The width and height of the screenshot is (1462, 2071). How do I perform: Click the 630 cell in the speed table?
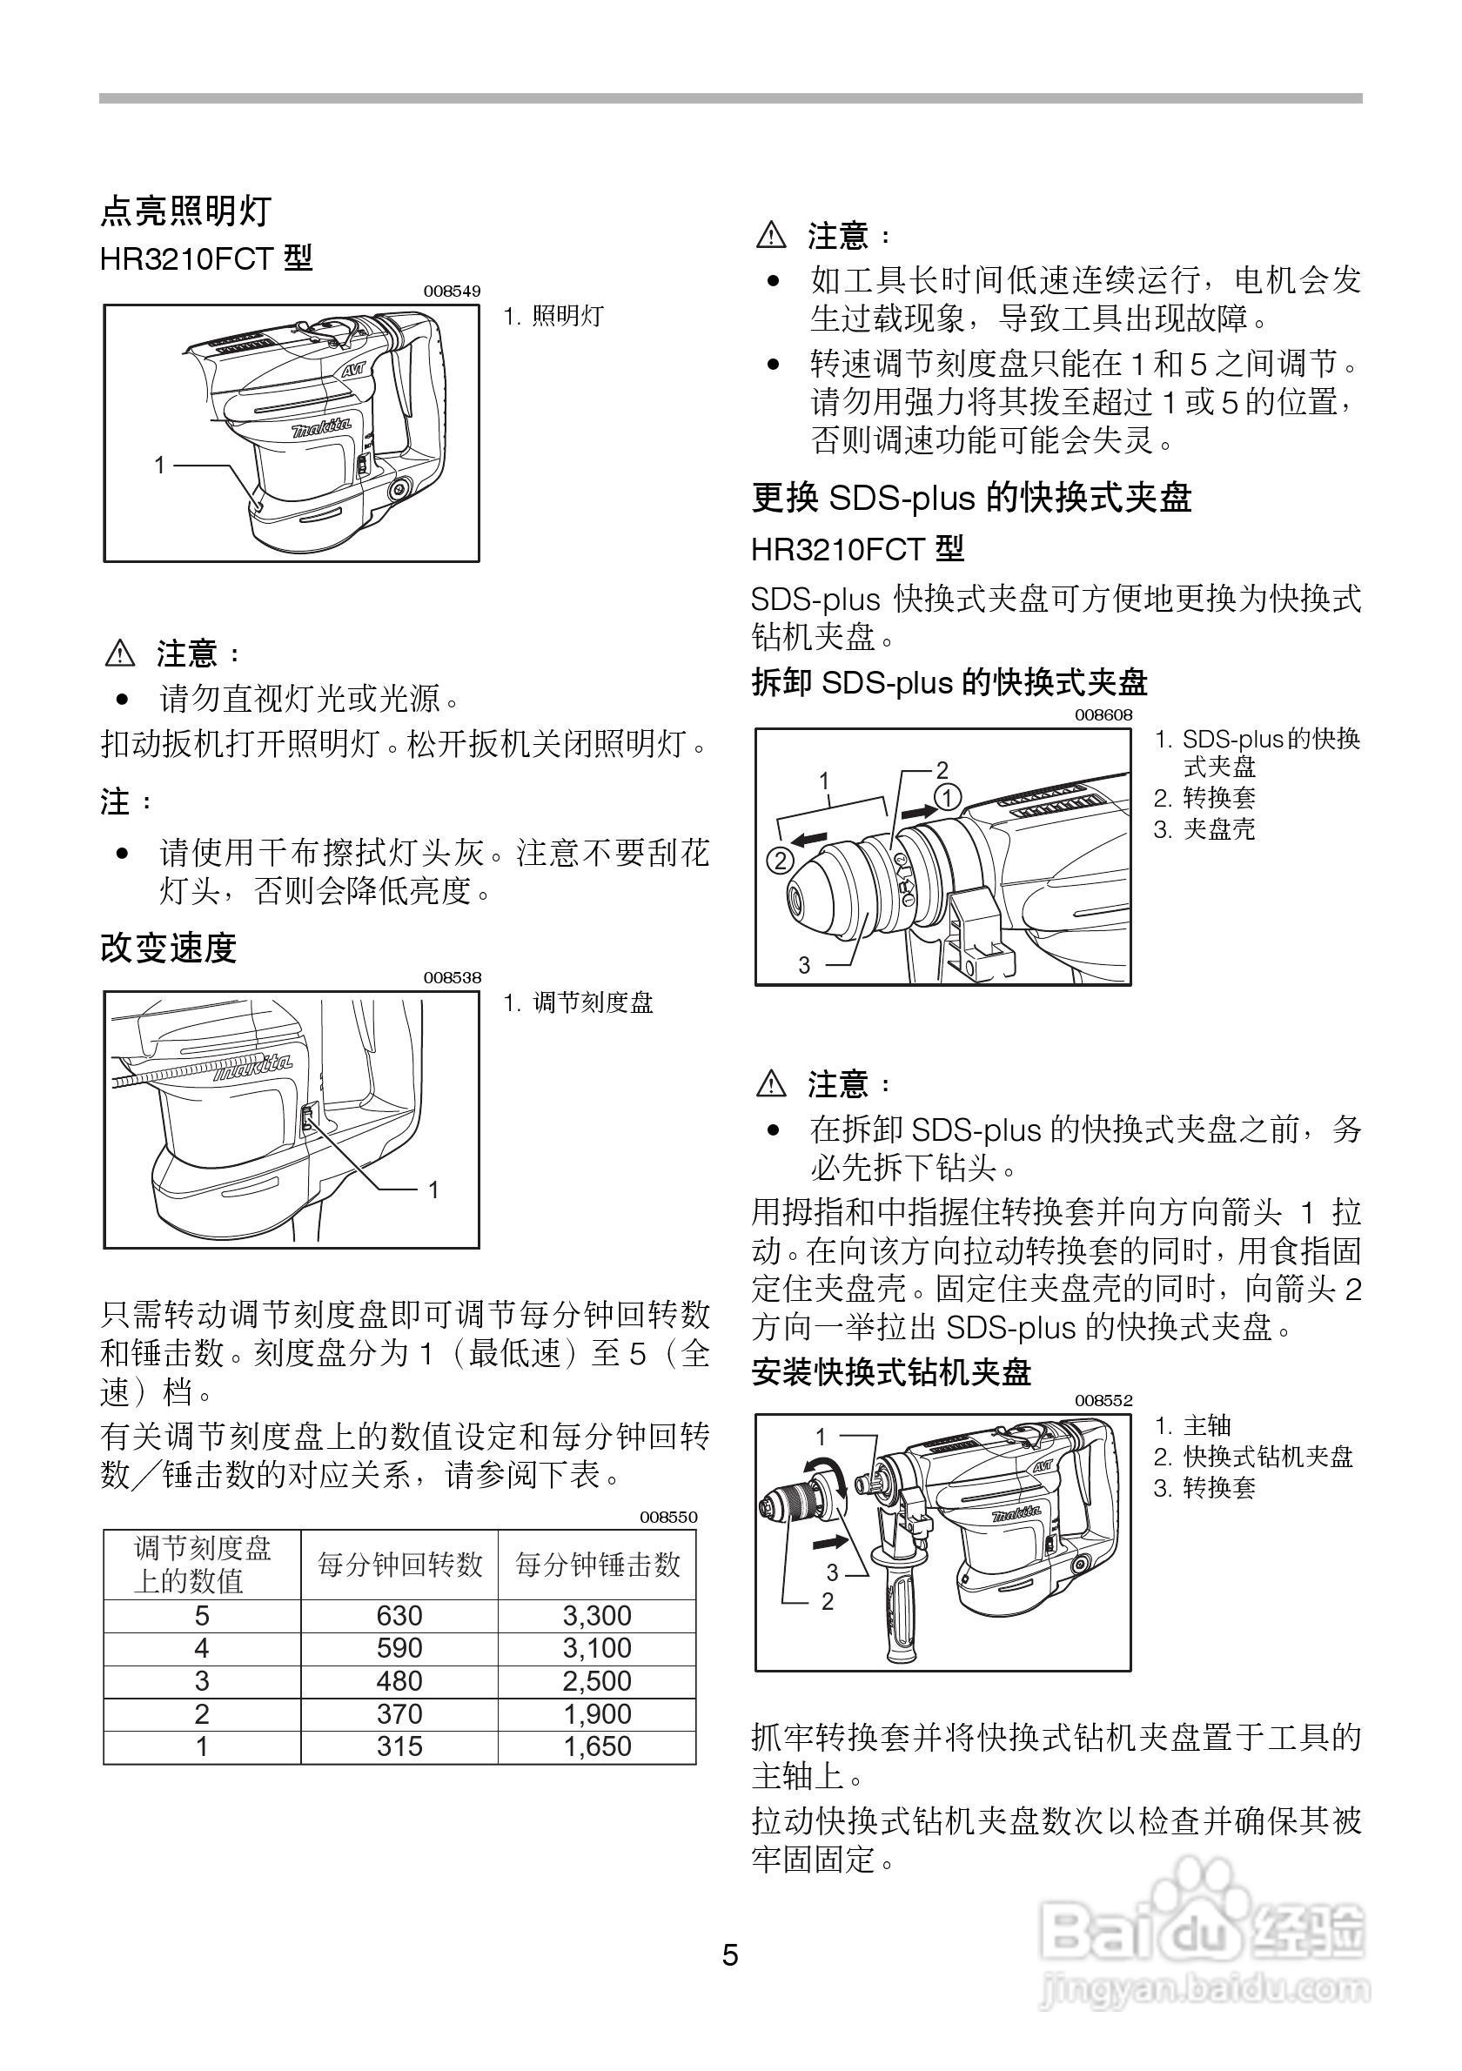399,1616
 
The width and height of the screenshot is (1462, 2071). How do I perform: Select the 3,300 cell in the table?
596,1616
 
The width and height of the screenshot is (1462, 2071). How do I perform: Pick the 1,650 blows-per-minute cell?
596,1746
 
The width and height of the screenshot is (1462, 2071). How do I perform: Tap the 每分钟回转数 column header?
399,1565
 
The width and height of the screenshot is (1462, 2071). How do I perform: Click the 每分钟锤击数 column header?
597,1565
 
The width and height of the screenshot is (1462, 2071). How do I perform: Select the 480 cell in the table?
399,1680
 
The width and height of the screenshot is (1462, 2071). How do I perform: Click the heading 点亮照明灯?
185,212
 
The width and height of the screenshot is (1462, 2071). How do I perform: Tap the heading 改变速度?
169,948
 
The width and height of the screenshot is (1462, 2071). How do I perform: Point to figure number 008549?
452,292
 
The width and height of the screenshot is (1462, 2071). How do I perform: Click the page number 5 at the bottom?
729,1955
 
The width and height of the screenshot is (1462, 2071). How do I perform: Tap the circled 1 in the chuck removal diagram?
948,797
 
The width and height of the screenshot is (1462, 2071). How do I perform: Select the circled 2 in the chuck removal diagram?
779,861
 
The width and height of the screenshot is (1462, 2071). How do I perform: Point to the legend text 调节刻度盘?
593,1003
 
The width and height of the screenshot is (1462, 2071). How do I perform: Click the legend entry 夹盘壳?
1218,829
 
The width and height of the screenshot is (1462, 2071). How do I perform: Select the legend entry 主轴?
1207,1425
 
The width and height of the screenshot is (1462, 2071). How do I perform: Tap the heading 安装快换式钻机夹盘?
891,1373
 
